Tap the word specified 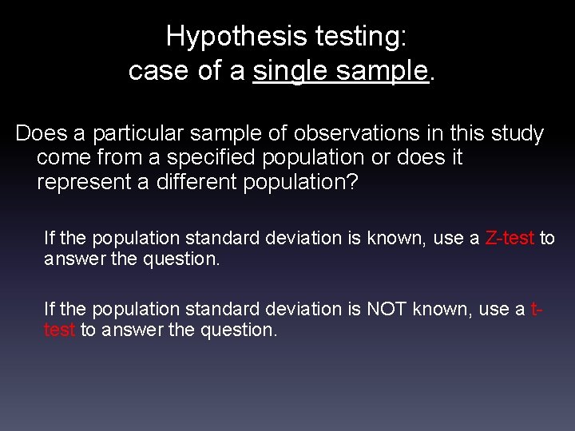pyautogui.click(x=204, y=157)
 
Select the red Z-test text pyautogui.click(x=510, y=239)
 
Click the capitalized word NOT pyautogui.click(x=387, y=309)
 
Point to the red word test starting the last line pyautogui.click(x=59, y=330)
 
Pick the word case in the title pyautogui.click(x=157, y=71)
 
